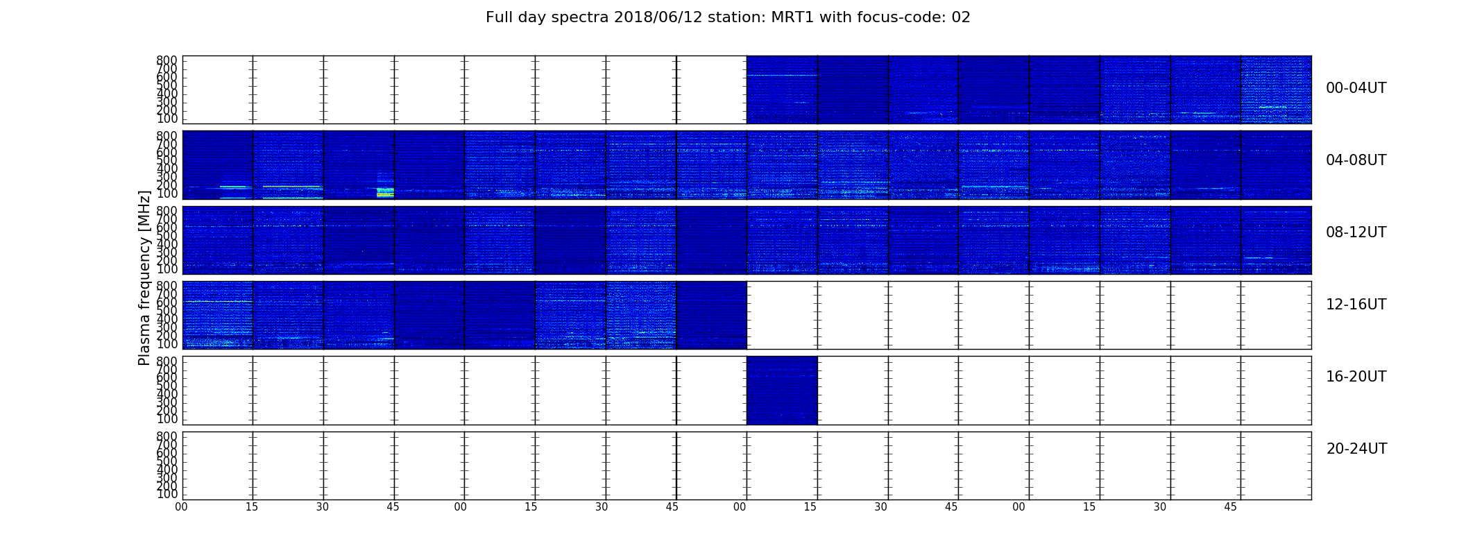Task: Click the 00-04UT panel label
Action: (x=1356, y=88)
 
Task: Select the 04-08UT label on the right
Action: (x=1356, y=160)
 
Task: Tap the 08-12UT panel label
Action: (x=1356, y=232)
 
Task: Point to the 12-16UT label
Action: (x=1356, y=305)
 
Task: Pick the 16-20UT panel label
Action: (x=1356, y=377)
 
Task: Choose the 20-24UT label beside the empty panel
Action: (x=1356, y=449)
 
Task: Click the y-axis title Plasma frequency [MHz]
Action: (x=144, y=277)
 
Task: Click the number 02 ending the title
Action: (x=961, y=17)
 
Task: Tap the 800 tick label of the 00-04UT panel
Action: (x=167, y=60)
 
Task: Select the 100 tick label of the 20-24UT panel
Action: (x=167, y=494)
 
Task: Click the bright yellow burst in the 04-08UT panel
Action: (x=385, y=192)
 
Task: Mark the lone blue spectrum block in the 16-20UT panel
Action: (x=782, y=390)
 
